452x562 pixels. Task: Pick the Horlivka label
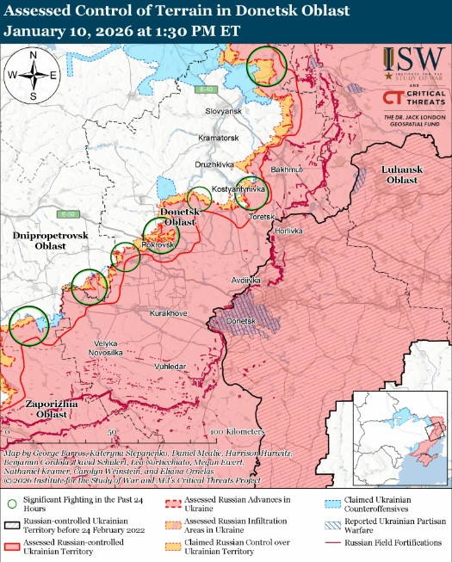[288, 232]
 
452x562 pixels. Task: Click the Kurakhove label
[168, 313]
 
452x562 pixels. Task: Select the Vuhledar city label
[170, 367]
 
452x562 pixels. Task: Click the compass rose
[33, 75]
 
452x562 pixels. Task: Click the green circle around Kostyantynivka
[252, 194]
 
